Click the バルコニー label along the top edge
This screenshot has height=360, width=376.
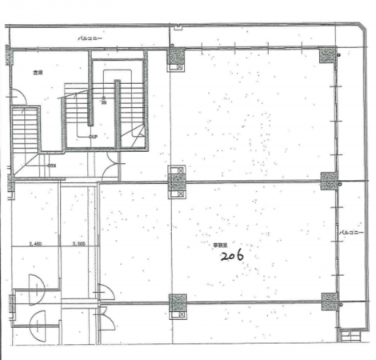pos(89,38)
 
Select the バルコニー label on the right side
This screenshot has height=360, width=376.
pos(351,233)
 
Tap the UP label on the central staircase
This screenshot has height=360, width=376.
pos(93,136)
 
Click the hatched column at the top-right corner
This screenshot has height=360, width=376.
pos(328,54)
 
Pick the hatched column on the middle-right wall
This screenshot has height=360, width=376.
pos(328,181)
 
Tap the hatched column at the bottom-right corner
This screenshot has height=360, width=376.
pos(328,302)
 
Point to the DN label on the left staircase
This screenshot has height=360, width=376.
pos(53,166)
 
